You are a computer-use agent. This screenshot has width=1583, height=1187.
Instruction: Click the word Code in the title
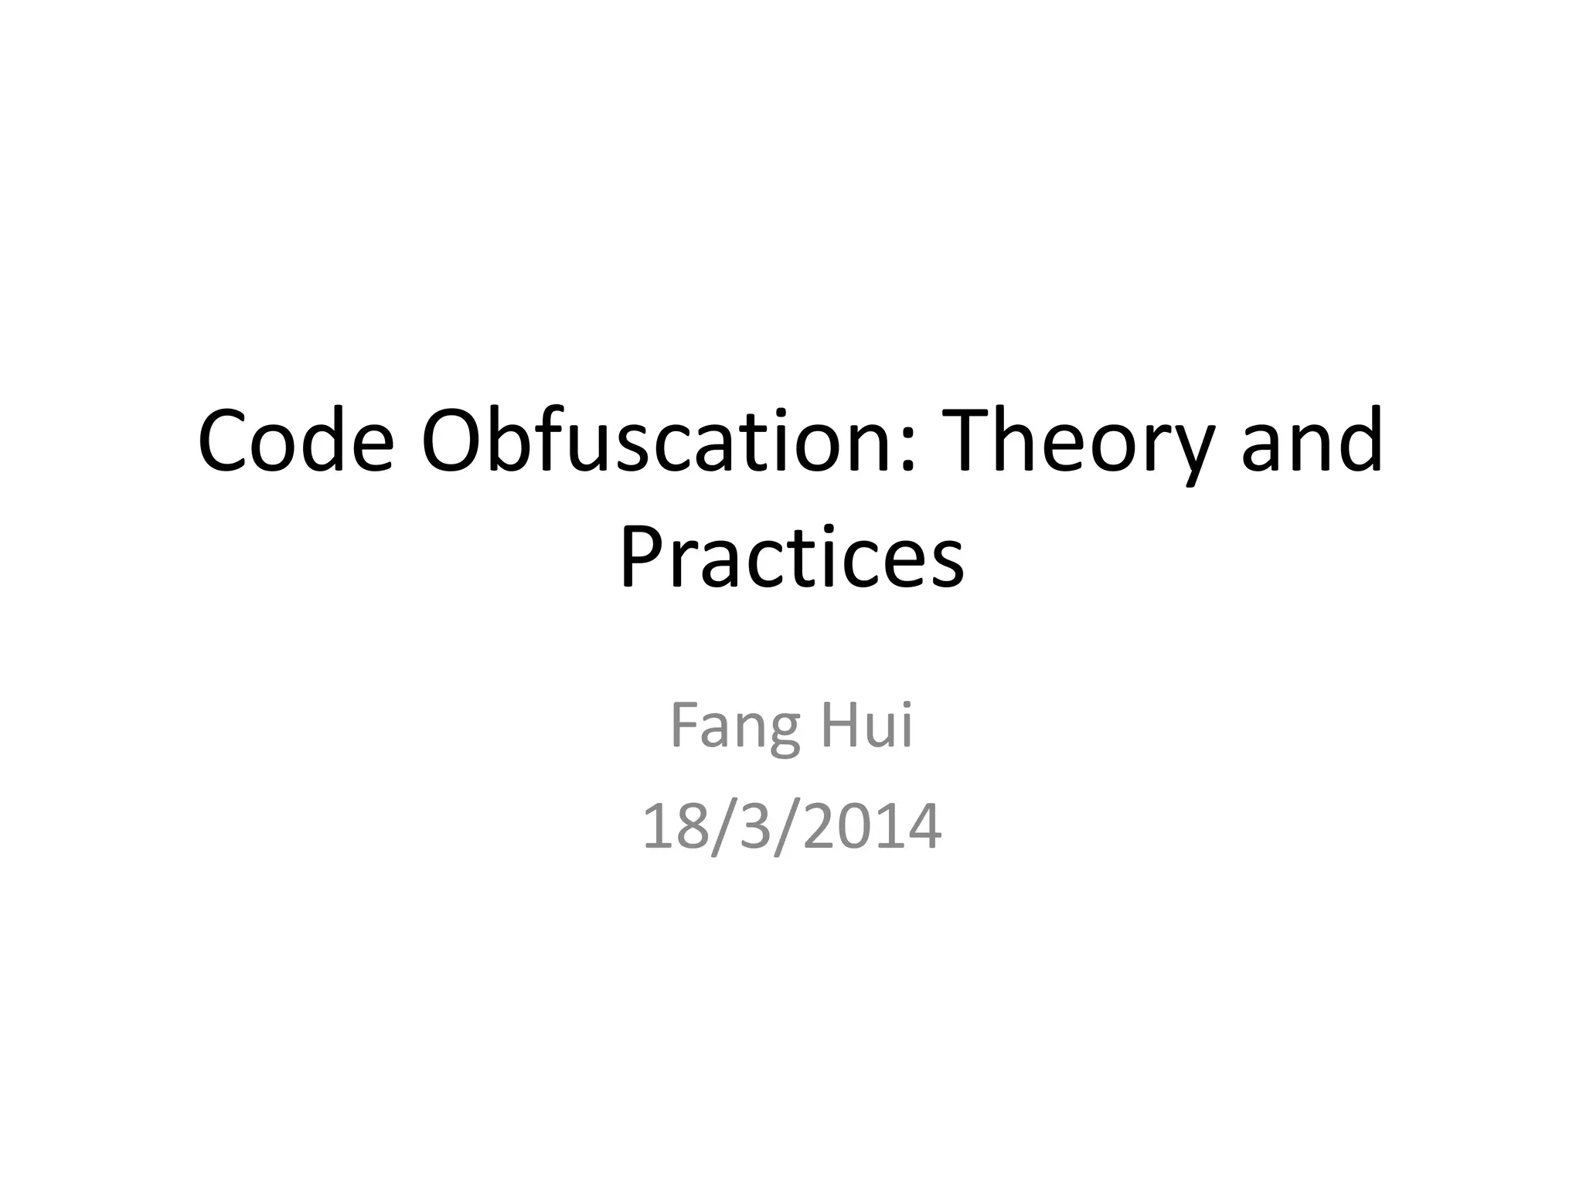click(x=295, y=441)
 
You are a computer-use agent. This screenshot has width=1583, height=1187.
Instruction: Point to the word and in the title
click(x=1312, y=441)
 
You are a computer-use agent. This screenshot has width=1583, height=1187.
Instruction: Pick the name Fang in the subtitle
click(x=734, y=727)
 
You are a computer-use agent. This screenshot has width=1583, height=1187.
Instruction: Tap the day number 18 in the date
click(x=669, y=826)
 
